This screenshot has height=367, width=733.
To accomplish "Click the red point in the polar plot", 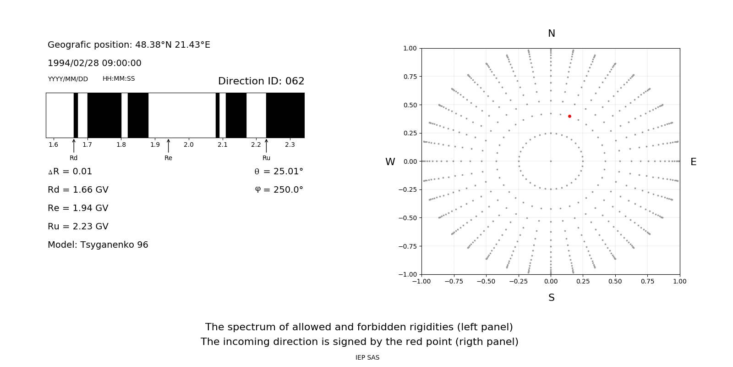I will [x=569, y=117].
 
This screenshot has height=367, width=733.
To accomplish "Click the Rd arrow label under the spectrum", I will [x=74, y=158].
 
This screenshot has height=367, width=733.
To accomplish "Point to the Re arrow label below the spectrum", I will [x=168, y=158].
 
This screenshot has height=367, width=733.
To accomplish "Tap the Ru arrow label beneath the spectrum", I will [x=266, y=158].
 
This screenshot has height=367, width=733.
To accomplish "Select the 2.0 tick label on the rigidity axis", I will [x=189, y=145].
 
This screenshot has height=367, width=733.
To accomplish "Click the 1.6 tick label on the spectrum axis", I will [x=53, y=145].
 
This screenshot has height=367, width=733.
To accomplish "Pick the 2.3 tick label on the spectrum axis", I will [x=290, y=145].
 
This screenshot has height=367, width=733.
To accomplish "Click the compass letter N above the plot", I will [x=552, y=33].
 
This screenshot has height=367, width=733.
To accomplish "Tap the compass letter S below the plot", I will [x=552, y=298].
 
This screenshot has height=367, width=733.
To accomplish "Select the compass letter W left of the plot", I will [x=390, y=162].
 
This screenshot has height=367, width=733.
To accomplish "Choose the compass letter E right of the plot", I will [x=693, y=162].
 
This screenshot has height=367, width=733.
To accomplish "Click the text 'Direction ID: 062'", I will [x=261, y=81].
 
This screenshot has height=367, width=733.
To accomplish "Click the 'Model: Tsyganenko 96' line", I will [x=98, y=245].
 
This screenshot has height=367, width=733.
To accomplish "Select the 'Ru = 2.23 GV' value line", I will [x=78, y=227].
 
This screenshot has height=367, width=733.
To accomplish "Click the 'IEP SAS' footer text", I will [x=367, y=358].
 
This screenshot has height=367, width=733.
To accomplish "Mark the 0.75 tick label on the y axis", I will [x=410, y=77].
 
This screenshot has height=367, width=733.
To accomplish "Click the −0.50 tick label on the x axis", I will [x=486, y=281].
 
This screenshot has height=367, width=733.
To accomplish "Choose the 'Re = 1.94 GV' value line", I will [x=78, y=208].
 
